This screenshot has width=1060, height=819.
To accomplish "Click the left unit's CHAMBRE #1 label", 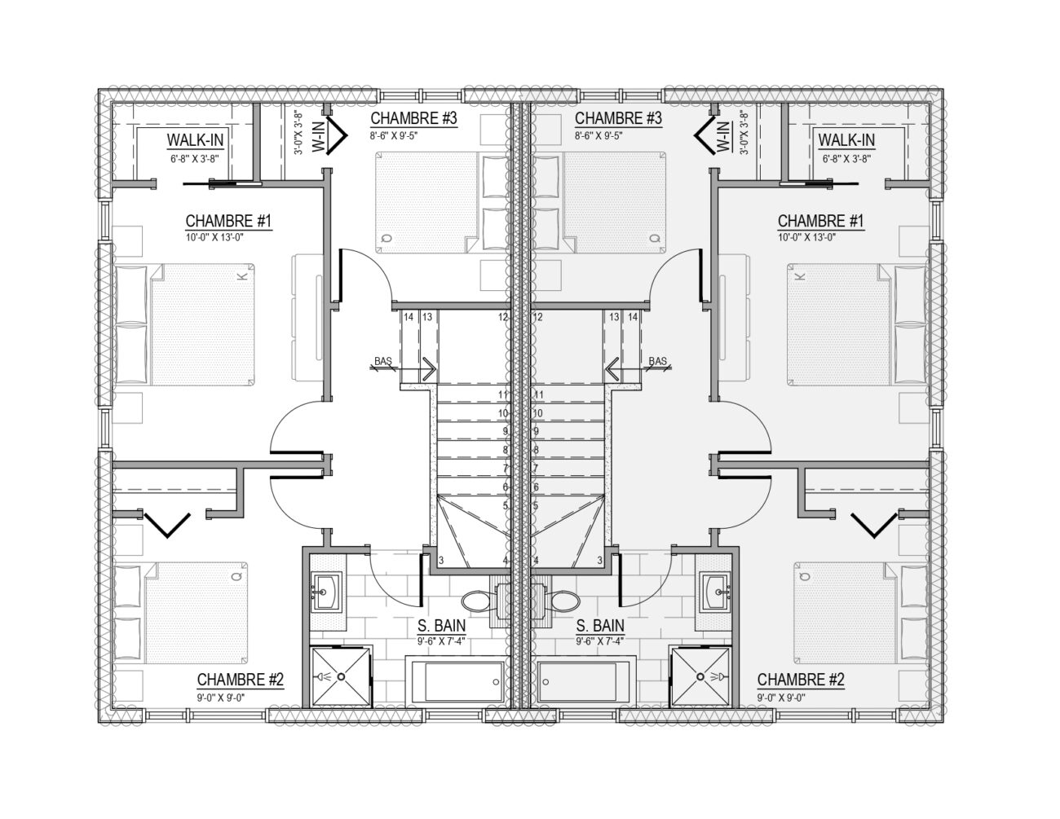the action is [x=227, y=222].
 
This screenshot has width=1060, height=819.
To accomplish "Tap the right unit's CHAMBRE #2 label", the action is [x=801, y=680].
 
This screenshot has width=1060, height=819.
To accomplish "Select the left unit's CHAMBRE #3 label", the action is [x=413, y=118].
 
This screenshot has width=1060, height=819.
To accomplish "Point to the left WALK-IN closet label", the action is [x=195, y=140].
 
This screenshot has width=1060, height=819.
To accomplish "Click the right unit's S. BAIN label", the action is [x=600, y=626].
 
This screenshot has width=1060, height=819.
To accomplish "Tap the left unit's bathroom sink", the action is [x=326, y=592].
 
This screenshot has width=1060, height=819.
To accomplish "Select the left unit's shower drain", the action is [x=341, y=676].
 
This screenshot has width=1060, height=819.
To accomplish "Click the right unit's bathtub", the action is [x=587, y=681].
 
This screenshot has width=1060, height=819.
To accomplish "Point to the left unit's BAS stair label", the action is [x=383, y=361].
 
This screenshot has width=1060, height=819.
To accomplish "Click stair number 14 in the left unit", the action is [x=409, y=317].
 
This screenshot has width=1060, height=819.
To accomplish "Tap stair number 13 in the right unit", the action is [x=614, y=317].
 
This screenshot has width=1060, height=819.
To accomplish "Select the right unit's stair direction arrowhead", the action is [x=612, y=369].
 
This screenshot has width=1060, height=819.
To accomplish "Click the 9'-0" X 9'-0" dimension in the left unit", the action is [x=220, y=698].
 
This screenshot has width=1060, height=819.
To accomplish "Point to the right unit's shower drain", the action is [x=701, y=676].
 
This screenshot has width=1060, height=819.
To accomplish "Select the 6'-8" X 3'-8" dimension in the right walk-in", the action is [x=846, y=159].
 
